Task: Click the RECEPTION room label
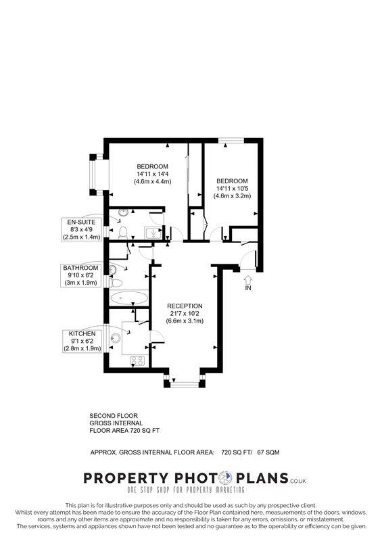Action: (185, 306)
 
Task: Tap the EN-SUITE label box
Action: (81, 229)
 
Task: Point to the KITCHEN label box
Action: (81, 341)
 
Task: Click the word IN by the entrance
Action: (247, 288)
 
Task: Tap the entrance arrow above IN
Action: (247, 278)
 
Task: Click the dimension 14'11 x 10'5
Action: (233, 189)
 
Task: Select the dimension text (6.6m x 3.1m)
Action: (185, 321)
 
